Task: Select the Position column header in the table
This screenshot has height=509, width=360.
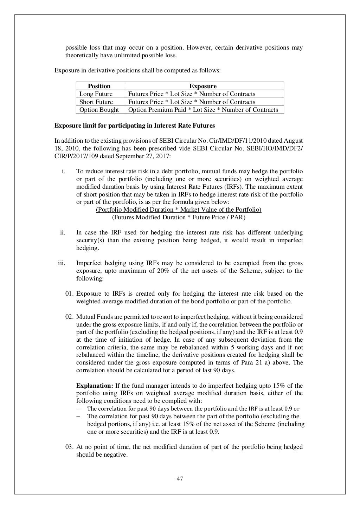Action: pyautogui.click(x=99, y=86)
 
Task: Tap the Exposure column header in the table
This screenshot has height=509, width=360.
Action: pyautogui.click(x=203, y=86)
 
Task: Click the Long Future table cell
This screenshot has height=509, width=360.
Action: pyautogui.click(x=96, y=94)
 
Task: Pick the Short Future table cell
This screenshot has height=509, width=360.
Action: pyautogui.click(x=96, y=102)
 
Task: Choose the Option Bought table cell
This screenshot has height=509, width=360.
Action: pyautogui.click(x=99, y=110)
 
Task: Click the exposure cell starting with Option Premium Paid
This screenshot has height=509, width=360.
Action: pyautogui.click(x=203, y=110)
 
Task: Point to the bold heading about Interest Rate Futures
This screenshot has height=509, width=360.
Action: pyautogui.click(x=134, y=125)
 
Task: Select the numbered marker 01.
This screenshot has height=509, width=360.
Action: pyautogui.click(x=69, y=294)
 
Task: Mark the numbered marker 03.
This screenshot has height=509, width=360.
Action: pyautogui.click(x=69, y=447)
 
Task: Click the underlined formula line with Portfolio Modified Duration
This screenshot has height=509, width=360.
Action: pyautogui.click(x=179, y=210)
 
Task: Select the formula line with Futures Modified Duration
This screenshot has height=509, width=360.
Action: pyautogui.click(x=179, y=217)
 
